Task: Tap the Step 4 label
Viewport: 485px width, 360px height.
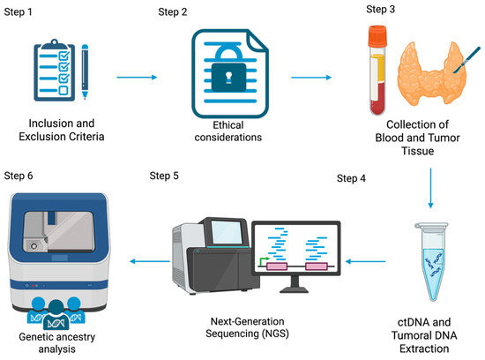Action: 353,179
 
